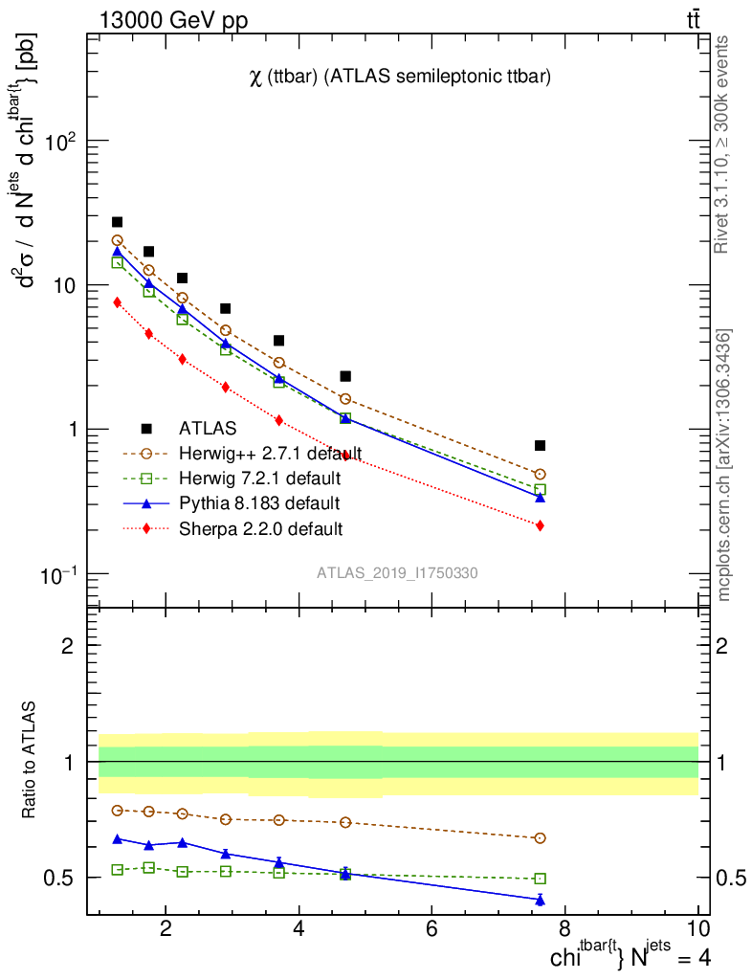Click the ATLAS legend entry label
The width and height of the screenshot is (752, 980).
coord(208,428)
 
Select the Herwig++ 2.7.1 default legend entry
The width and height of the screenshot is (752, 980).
coord(271,453)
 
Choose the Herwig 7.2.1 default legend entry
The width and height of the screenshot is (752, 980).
coord(259,478)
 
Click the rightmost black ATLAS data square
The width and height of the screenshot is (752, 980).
coord(541,445)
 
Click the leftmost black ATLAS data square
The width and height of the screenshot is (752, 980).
coord(118,222)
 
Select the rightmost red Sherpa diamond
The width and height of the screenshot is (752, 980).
coord(541,525)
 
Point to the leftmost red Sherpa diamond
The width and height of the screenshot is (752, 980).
coord(118,302)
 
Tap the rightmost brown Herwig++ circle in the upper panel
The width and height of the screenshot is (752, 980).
coord(541,474)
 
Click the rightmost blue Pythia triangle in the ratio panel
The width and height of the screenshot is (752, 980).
coord(541,900)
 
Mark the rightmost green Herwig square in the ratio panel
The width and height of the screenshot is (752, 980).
coord(541,879)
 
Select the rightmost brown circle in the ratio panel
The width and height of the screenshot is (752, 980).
coord(541,837)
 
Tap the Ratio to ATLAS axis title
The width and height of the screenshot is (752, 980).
coord(31,761)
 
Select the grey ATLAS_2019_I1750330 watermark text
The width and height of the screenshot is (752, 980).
coord(398,573)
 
